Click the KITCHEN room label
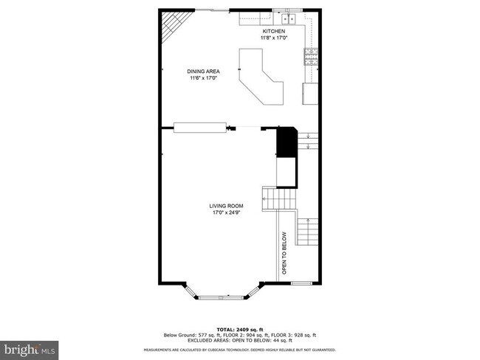point(274,31)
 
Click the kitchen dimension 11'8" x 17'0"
point(274,38)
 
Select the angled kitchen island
point(261,75)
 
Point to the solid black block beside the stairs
point(286,142)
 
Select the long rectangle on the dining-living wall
point(199,127)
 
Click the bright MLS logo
point(30,347)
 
